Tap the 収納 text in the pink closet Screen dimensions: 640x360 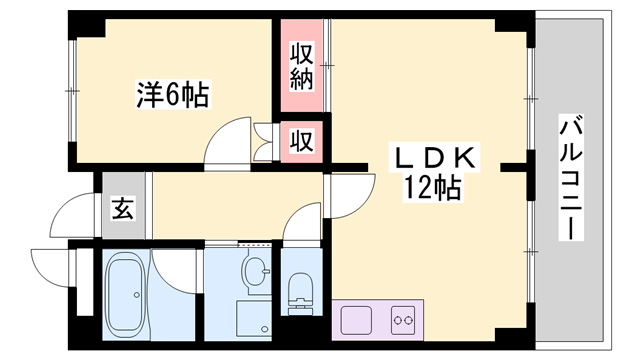coord(302,67)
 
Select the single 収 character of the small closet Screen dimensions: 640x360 coord(302,141)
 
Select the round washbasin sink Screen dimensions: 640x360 coord(257,270)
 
